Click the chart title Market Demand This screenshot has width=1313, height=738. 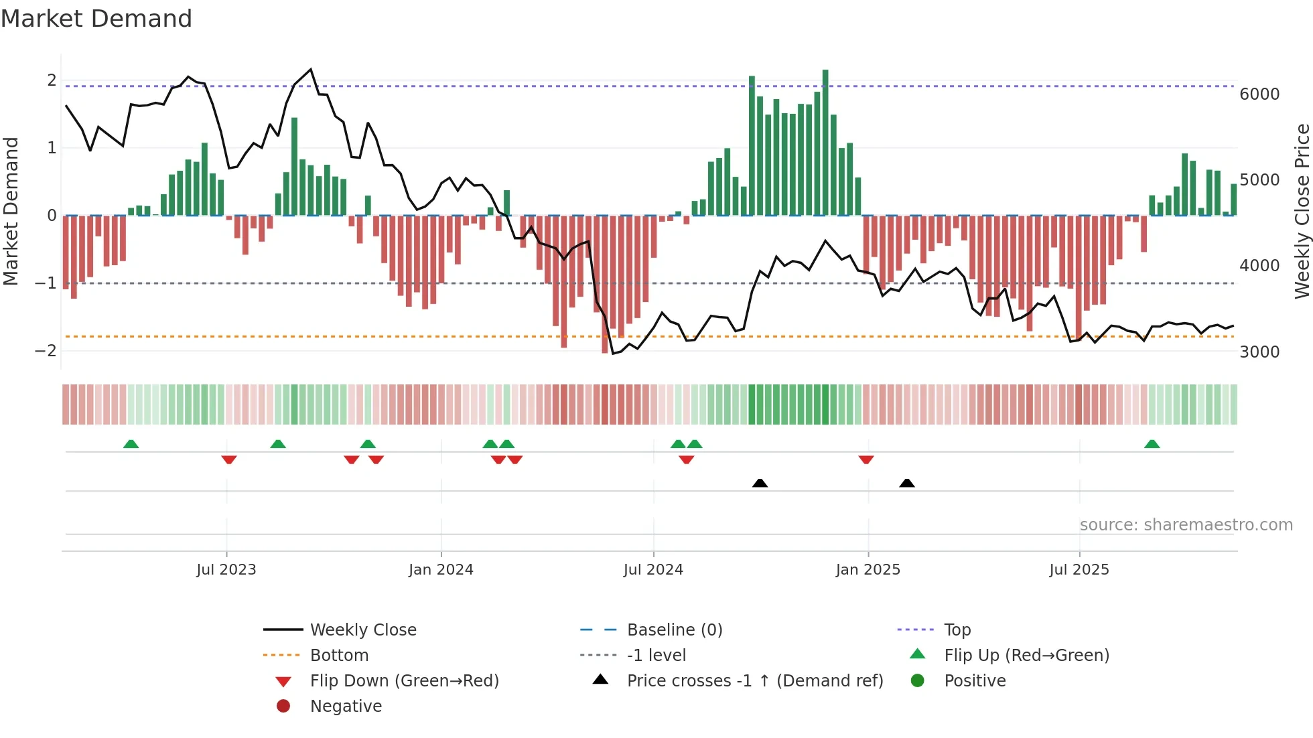tap(96, 19)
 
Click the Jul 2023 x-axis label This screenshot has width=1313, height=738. tap(226, 570)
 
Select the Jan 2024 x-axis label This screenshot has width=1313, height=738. tap(441, 570)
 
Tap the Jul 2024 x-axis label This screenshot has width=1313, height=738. tap(653, 570)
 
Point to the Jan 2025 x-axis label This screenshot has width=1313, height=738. tap(868, 570)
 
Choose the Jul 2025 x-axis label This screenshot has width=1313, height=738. tap(1079, 570)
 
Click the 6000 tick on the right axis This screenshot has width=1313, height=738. tap(1259, 94)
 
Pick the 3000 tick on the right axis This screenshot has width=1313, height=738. tap(1259, 352)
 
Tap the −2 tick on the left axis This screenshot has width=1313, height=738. tap(46, 351)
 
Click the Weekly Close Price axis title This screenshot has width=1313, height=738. tap(1302, 211)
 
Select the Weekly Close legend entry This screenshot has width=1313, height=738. tap(363, 630)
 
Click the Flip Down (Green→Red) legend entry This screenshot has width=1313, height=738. tap(404, 681)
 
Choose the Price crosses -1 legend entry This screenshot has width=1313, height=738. tap(755, 681)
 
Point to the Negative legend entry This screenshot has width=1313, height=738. tap(346, 707)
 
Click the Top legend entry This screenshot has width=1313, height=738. tap(957, 630)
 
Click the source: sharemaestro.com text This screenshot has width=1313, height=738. tap(1186, 525)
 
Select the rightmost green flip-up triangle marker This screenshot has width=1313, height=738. tap(1152, 444)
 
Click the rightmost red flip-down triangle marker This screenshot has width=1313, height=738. tap(866, 459)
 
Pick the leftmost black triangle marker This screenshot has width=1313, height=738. tap(760, 483)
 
